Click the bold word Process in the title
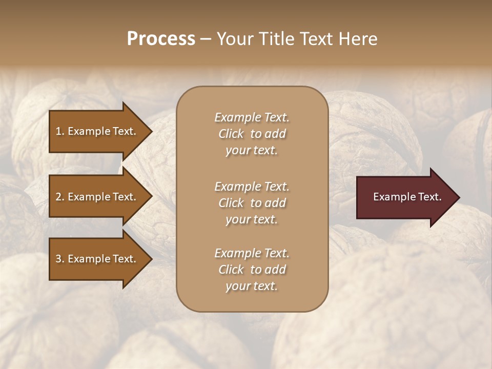click(161, 39)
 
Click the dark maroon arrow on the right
click(405, 197)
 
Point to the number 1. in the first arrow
click(60, 131)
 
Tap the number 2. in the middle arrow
click(60, 197)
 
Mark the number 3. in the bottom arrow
click(60, 259)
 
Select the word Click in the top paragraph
click(231, 134)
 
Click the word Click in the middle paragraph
click(231, 203)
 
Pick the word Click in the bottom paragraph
click(231, 270)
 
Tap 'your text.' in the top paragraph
click(252, 151)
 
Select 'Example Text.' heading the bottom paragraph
click(252, 253)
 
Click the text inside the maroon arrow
click(407, 197)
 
